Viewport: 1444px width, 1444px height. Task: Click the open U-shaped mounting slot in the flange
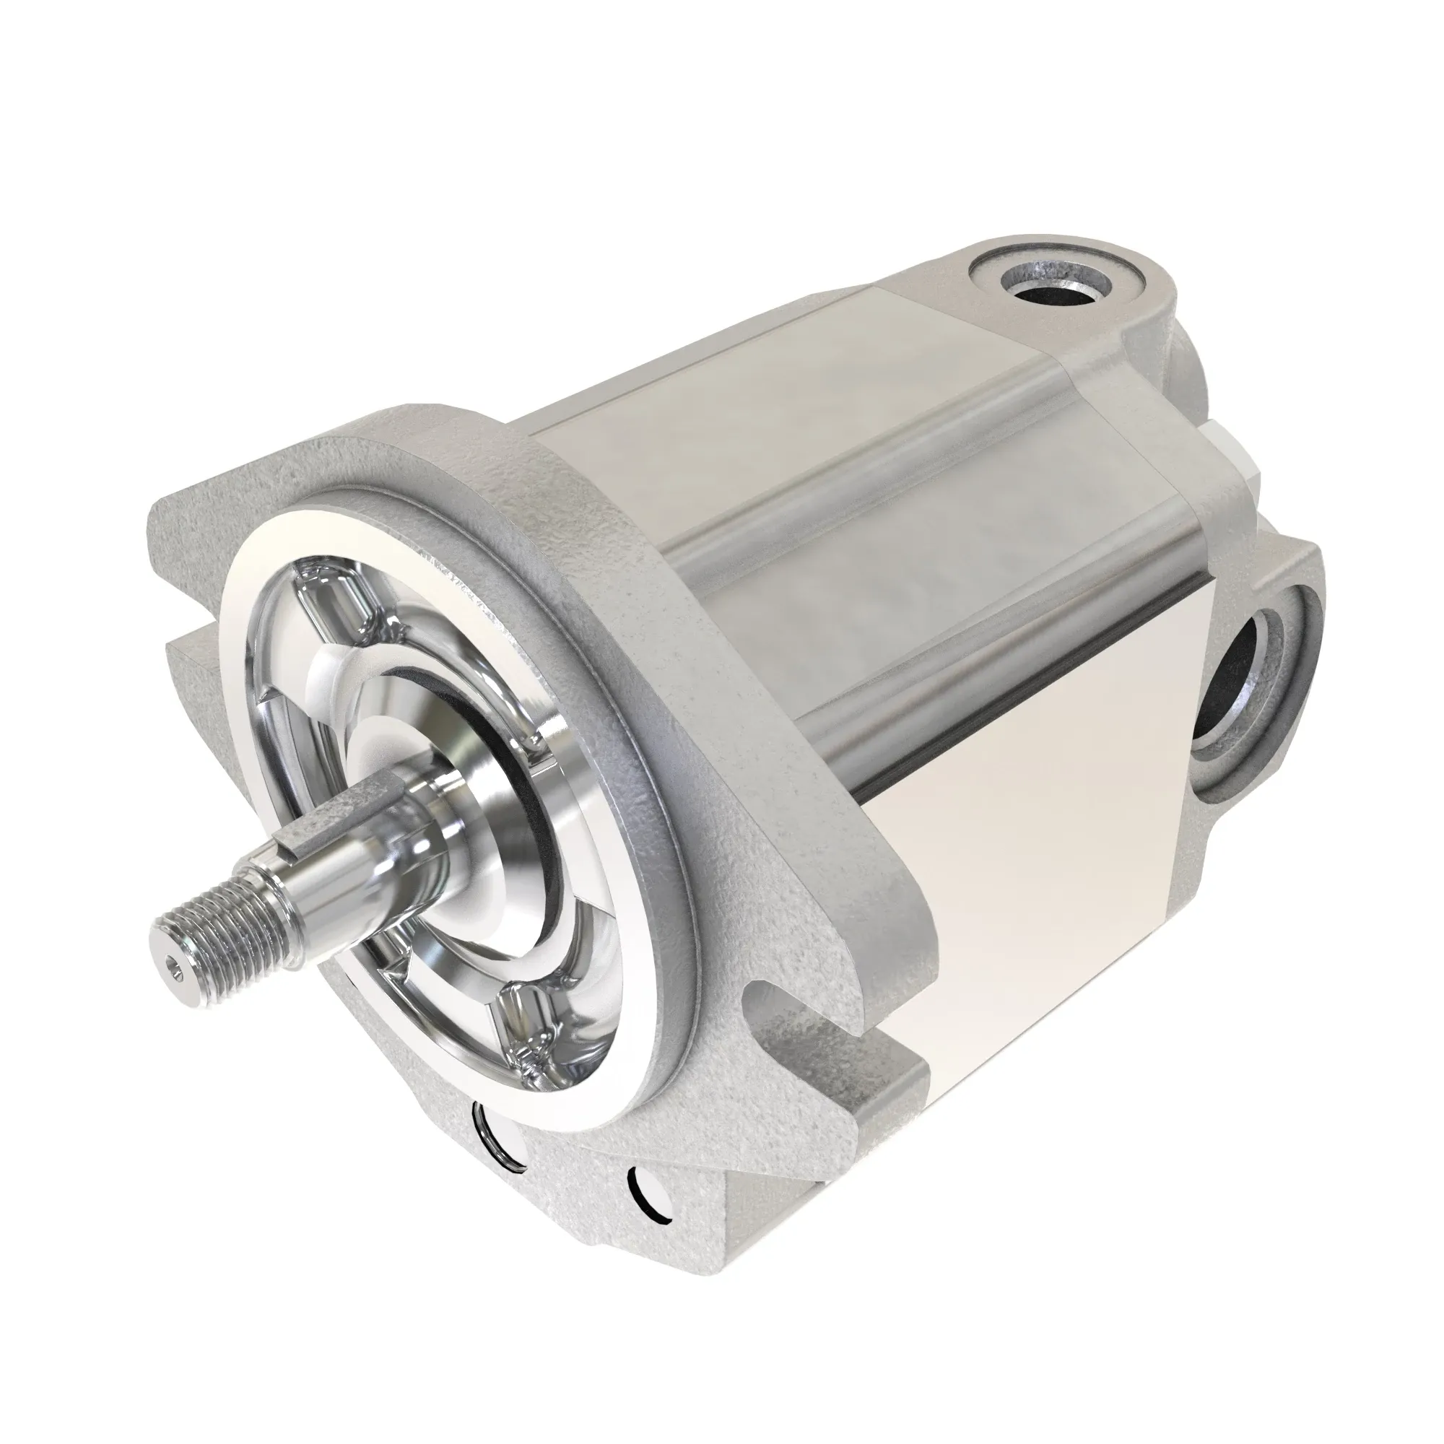click(778, 1001)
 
